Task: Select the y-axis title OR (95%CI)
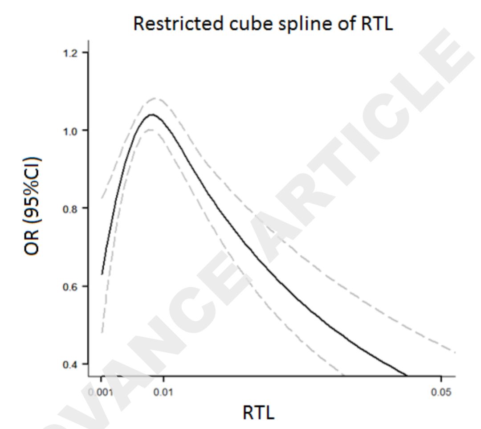[33, 206]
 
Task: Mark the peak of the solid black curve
[152, 114]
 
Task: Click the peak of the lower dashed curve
[150, 130]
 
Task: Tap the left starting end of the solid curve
[102, 274]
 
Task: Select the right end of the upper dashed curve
[455, 352]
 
